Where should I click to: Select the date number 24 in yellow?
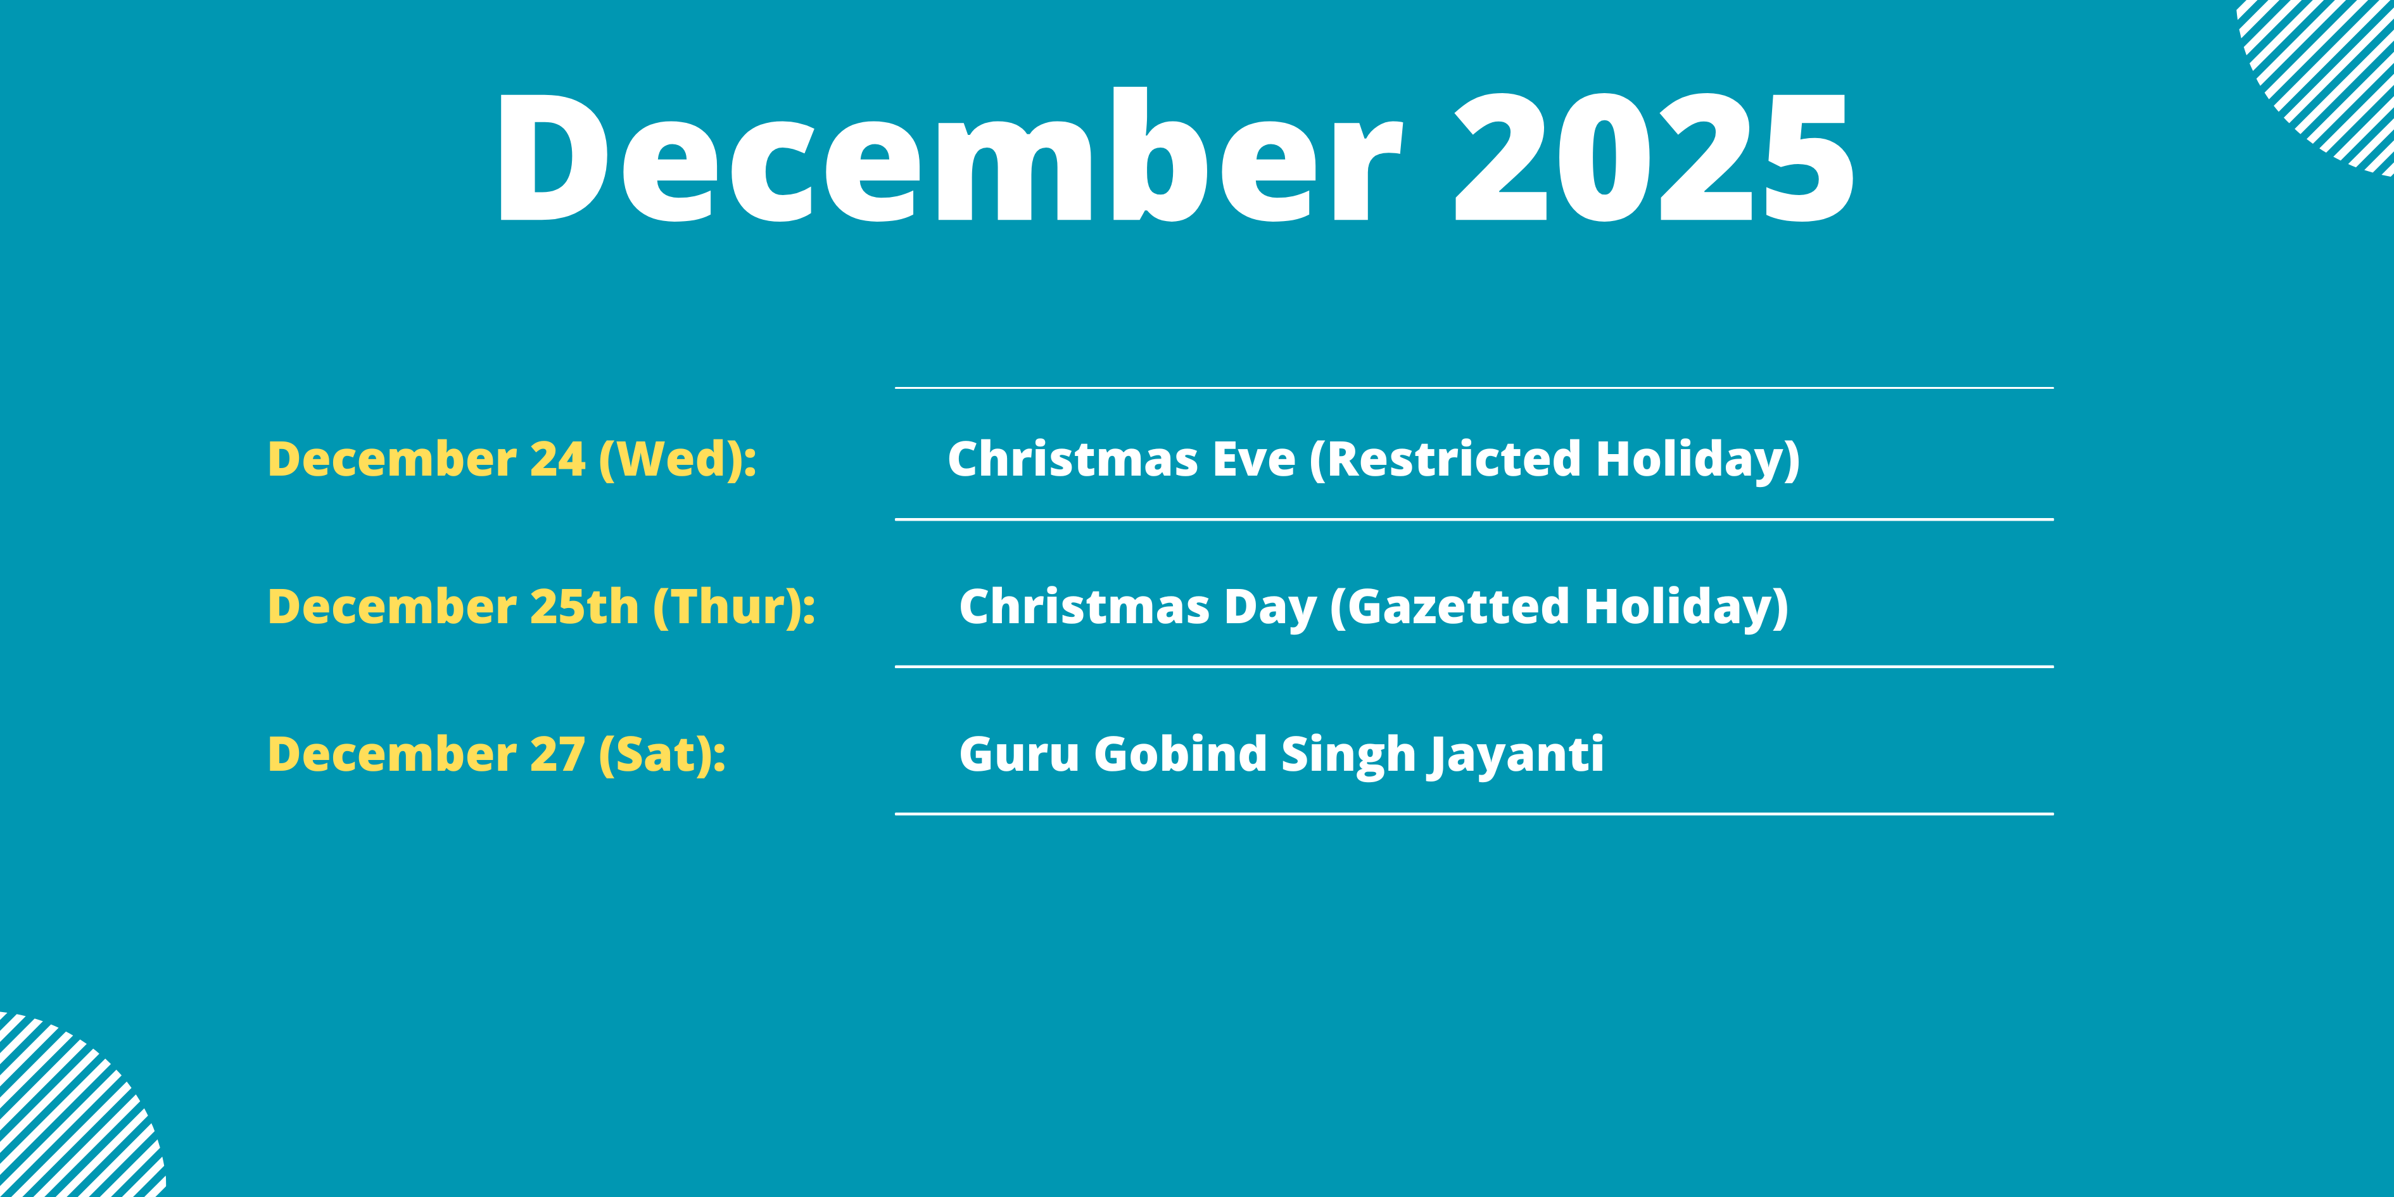coord(557,459)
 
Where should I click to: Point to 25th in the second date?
coord(585,607)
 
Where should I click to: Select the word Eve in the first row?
coord(1254,459)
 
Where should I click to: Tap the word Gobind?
coord(1181,754)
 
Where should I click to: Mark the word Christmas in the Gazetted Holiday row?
coord(1084,607)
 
